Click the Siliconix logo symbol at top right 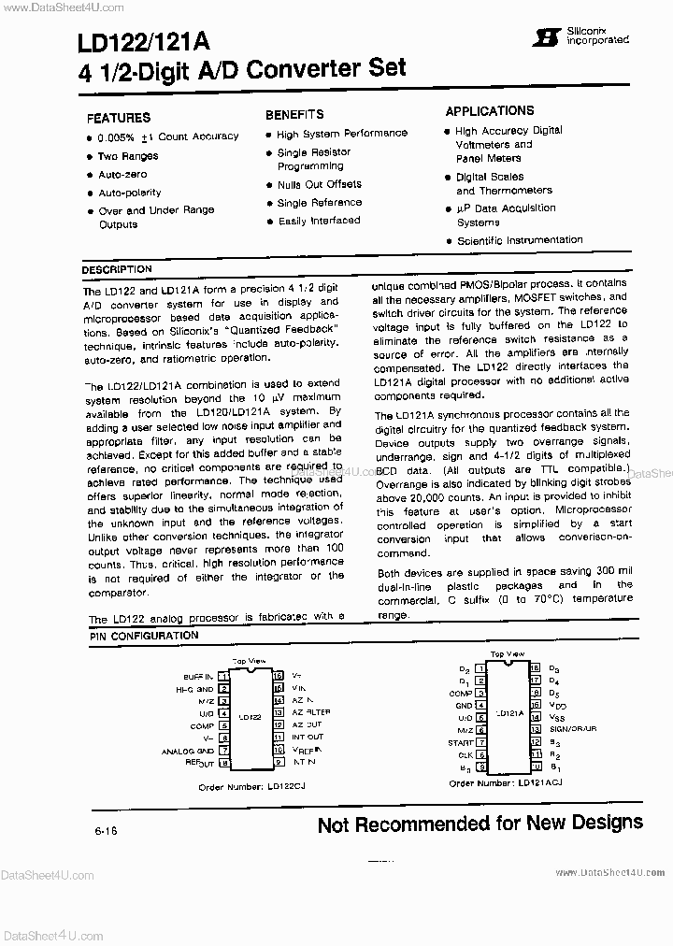[539, 36]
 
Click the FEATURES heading [118, 118]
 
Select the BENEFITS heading [294, 114]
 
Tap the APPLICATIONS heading [490, 111]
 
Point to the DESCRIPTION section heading [117, 269]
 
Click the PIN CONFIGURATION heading [144, 636]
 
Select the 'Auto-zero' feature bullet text [122, 175]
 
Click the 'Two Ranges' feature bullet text [128, 156]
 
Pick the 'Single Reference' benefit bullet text [319, 203]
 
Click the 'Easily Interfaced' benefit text [319, 222]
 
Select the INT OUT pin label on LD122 [308, 738]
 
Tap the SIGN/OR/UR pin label [573, 727]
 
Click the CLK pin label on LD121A [464, 754]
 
